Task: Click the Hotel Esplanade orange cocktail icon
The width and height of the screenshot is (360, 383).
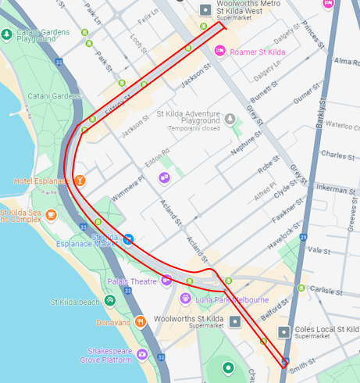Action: (80, 181)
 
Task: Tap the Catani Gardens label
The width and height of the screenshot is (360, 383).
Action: (54, 96)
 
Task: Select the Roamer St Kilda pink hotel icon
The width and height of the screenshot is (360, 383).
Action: (220, 52)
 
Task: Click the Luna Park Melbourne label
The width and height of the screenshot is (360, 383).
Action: (231, 299)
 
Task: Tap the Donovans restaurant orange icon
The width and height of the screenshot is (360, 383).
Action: (140, 320)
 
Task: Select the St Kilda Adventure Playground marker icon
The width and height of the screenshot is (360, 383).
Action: (230, 119)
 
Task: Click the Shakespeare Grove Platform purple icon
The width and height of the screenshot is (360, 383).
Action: (142, 355)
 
